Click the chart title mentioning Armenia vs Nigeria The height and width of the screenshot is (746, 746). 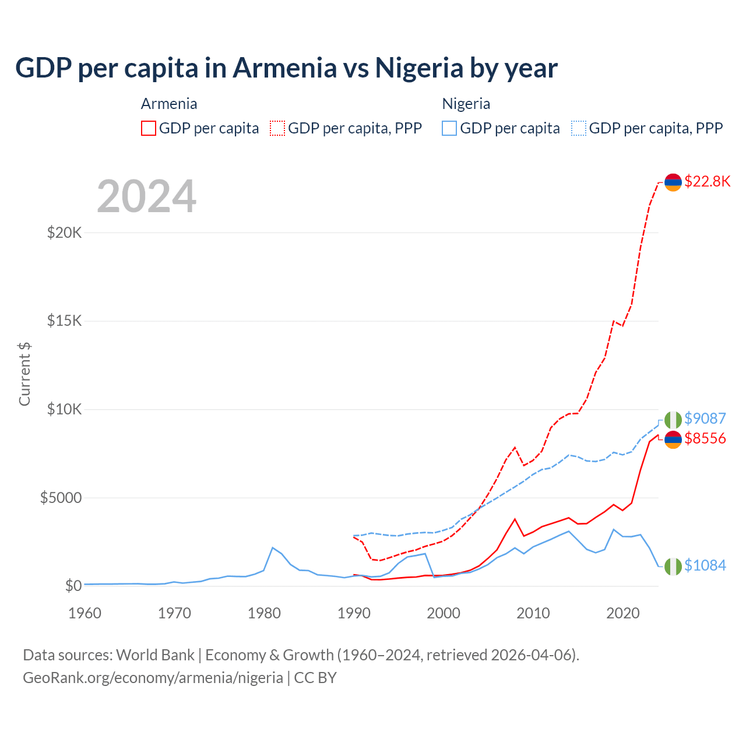(x=286, y=68)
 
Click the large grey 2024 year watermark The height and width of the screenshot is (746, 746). (x=146, y=196)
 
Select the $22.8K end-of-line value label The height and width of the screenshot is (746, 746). (x=707, y=181)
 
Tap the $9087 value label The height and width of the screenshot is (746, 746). (x=705, y=418)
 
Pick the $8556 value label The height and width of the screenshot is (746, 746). (x=705, y=438)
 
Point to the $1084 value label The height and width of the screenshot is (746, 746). (x=705, y=565)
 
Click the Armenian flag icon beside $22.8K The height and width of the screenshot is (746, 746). (x=673, y=182)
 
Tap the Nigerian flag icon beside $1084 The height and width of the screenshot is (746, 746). (x=673, y=566)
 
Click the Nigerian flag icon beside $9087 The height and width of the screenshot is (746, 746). (x=673, y=420)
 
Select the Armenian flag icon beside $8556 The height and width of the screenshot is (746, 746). (x=673, y=439)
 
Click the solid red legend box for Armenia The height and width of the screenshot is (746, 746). (x=149, y=128)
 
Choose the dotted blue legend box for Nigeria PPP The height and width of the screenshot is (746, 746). (x=579, y=128)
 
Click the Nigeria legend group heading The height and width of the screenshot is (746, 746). (x=466, y=104)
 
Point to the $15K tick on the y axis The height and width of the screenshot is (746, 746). (x=64, y=321)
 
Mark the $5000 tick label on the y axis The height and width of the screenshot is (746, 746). (x=61, y=498)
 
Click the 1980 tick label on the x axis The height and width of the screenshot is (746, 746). (x=264, y=613)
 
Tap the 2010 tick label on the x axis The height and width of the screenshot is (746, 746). (x=533, y=613)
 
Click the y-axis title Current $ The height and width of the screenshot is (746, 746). (x=24, y=374)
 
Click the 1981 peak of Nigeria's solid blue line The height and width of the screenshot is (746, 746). (x=272, y=547)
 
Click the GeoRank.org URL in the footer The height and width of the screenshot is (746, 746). (x=153, y=678)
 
